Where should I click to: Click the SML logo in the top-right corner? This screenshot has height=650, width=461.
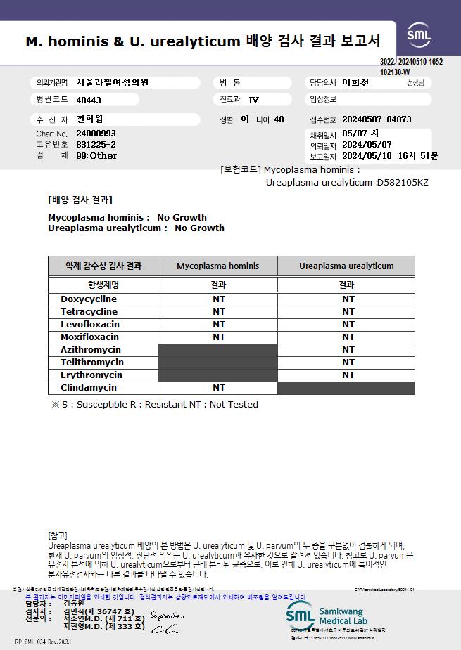coord(419,36)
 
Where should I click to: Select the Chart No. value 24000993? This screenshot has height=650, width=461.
coord(96,134)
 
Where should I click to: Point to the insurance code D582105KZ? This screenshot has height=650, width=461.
coord(403,183)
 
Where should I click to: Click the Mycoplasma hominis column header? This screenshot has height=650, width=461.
coord(217,266)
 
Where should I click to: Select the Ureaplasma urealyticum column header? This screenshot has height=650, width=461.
coord(346,266)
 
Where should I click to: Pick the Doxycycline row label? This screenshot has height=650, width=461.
coord(89,299)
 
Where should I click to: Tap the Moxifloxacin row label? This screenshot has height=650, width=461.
coord(89,337)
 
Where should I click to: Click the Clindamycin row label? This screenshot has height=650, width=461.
coord(89,388)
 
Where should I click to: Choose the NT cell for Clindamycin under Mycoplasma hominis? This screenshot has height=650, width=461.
coord(219,388)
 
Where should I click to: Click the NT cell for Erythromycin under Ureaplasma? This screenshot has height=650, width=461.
coord(348,375)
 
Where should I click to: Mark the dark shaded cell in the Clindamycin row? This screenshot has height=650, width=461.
coord(346,388)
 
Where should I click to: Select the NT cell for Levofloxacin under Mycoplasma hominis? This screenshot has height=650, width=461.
coord(219,325)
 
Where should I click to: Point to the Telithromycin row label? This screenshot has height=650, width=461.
coord(92,363)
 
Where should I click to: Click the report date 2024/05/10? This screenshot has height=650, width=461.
coord(367,156)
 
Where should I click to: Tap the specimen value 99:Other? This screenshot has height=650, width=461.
coord(97,156)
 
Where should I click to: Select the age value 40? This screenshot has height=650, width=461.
coord(279,119)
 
